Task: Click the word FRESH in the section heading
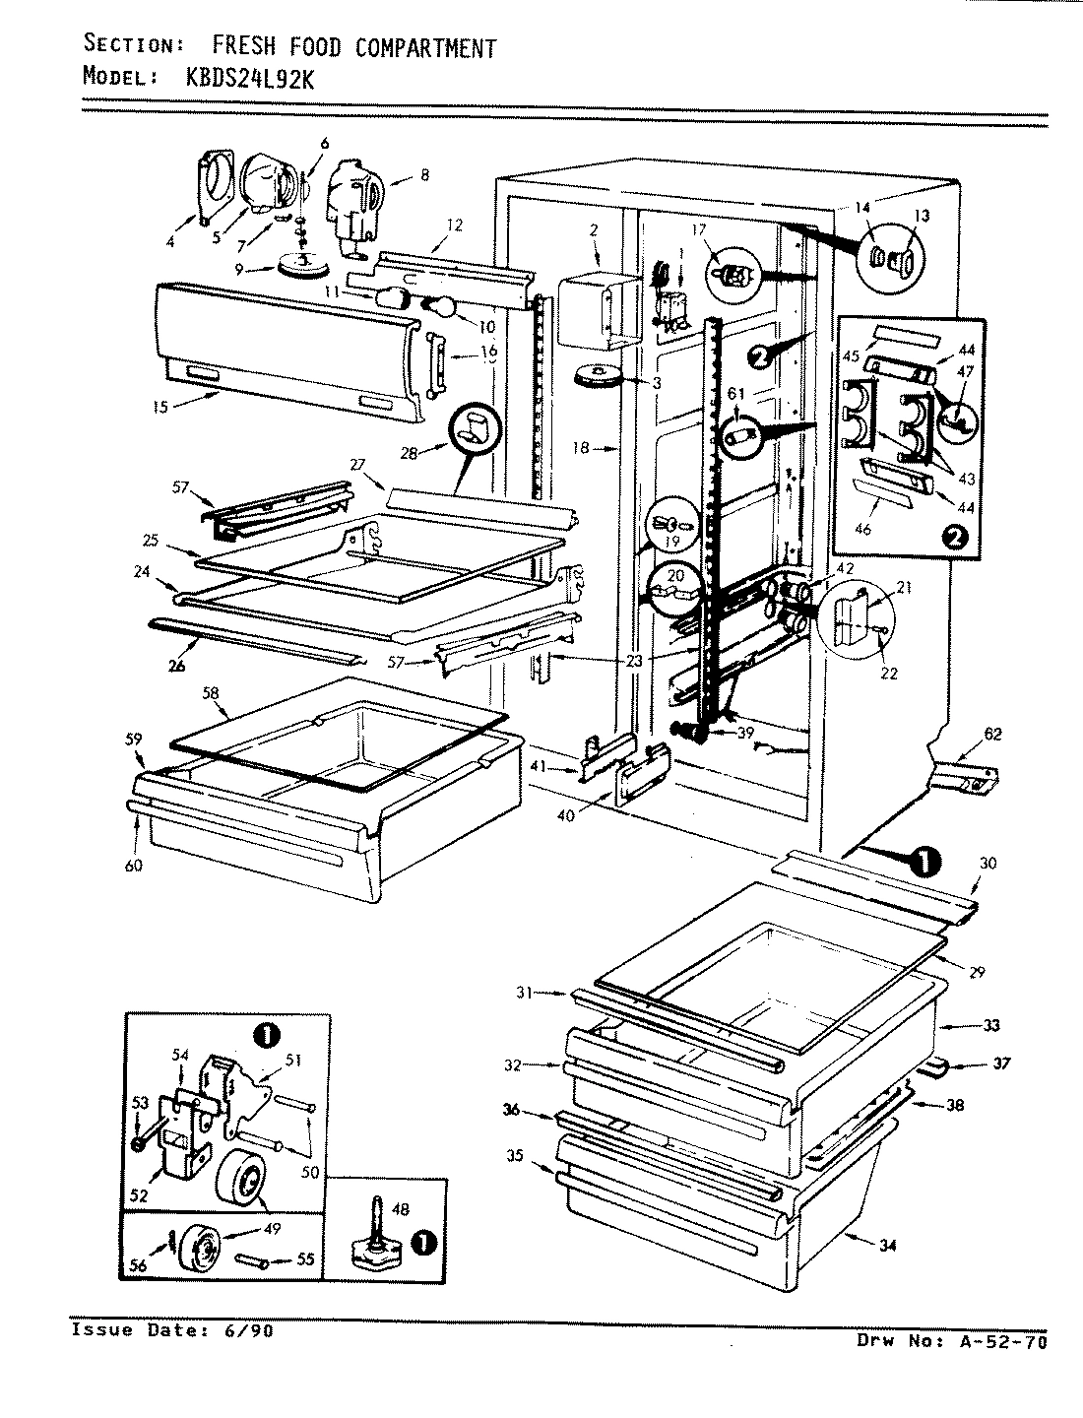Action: [246, 46]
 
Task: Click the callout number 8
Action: [423, 176]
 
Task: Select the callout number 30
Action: [987, 863]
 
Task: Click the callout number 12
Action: [454, 225]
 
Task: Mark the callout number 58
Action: [209, 694]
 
